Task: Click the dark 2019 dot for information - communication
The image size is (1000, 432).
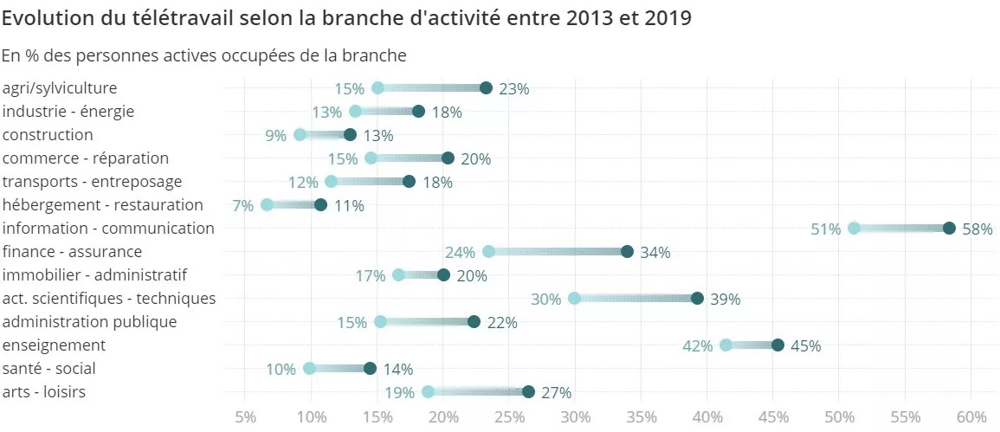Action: click(949, 229)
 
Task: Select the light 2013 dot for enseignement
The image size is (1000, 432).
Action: click(726, 345)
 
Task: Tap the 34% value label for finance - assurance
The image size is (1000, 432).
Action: click(655, 253)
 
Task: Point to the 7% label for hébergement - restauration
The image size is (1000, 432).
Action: click(242, 206)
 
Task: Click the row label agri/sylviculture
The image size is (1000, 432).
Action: click(60, 88)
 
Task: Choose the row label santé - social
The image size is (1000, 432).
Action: click(49, 369)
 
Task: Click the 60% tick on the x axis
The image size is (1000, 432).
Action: click(971, 416)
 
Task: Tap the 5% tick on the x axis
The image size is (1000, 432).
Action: click(245, 416)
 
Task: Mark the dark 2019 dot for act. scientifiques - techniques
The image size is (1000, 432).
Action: click(697, 299)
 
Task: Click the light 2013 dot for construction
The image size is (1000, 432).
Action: click(300, 135)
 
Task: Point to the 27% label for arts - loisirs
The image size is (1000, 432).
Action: click(557, 393)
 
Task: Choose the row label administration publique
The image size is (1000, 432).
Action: click(90, 322)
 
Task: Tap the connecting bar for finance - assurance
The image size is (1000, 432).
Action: click(558, 252)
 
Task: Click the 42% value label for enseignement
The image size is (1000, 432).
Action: click(698, 346)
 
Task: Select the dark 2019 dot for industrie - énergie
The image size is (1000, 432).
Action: click(418, 112)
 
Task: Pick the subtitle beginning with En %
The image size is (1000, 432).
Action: click(204, 55)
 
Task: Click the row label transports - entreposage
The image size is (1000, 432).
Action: click(93, 182)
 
